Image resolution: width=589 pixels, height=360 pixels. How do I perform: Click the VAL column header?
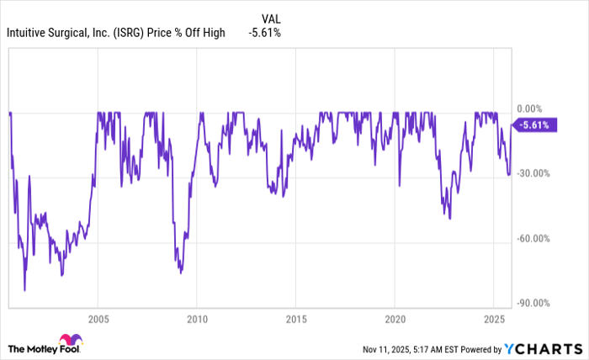click(271, 17)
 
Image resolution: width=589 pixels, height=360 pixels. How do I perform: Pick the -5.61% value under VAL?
click(264, 33)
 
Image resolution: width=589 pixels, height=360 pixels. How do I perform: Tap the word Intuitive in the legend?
click(29, 33)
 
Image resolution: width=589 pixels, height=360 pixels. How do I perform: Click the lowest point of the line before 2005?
click(24, 290)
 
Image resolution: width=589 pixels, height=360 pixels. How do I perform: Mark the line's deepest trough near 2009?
click(180, 273)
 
